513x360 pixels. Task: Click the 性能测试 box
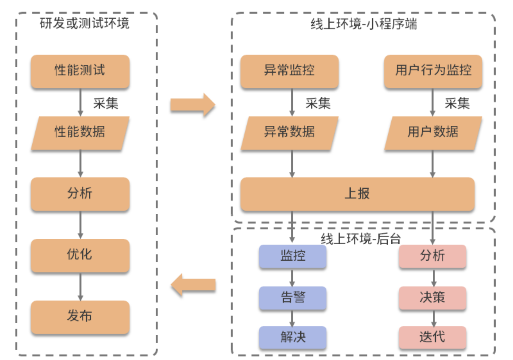pyautogui.click(x=80, y=71)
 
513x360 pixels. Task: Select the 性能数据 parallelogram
pyautogui.click(x=80, y=132)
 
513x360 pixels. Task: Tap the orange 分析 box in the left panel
pyautogui.click(x=80, y=194)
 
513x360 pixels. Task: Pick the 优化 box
pyautogui.click(x=80, y=255)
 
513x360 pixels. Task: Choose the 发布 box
pyautogui.click(x=80, y=317)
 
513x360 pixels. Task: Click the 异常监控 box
pyautogui.click(x=289, y=71)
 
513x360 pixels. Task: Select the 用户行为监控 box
pyautogui.click(x=433, y=71)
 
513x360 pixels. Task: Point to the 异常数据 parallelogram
pyautogui.click(x=289, y=132)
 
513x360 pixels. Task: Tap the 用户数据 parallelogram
pyautogui.click(x=433, y=132)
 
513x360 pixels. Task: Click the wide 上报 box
pyautogui.click(x=357, y=194)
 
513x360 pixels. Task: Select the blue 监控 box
pyautogui.click(x=293, y=256)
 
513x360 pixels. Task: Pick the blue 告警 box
pyautogui.click(x=293, y=297)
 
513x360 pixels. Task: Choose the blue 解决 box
pyautogui.click(x=293, y=337)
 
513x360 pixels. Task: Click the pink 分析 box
pyautogui.click(x=432, y=256)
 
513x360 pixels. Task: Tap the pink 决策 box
pyautogui.click(x=432, y=297)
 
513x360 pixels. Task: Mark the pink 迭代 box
pyautogui.click(x=432, y=337)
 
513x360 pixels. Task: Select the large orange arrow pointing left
pyautogui.click(x=193, y=285)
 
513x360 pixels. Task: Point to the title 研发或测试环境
pyautogui.click(x=84, y=24)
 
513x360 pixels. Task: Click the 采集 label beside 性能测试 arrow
pyautogui.click(x=106, y=104)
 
